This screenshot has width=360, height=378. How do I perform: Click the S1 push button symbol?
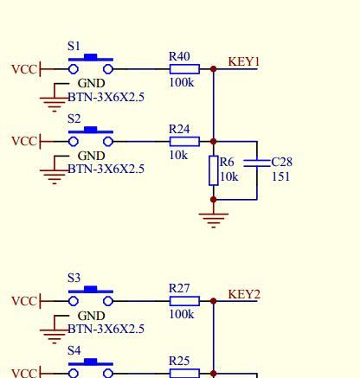click(x=91, y=64)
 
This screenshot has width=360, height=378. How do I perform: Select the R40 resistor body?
click(x=184, y=69)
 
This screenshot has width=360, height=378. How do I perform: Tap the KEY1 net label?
click(x=244, y=61)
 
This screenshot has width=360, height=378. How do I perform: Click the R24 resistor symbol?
click(x=184, y=142)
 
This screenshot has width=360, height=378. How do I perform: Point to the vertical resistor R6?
click(x=214, y=170)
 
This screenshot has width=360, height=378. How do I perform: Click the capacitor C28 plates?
click(x=257, y=163)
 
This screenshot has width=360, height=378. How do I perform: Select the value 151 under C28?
click(x=280, y=176)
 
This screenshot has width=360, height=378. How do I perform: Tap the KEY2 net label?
click(x=244, y=294)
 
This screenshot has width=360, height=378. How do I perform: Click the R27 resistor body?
click(x=184, y=301)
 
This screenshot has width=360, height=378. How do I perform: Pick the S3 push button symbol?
click(x=91, y=296)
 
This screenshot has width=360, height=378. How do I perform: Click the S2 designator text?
click(x=74, y=119)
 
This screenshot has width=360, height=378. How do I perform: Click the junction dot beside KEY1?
click(x=214, y=69)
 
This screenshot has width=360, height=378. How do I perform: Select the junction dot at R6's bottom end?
click(x=214, y=199)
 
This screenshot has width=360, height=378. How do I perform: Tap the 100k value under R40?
click(x=182, y=83)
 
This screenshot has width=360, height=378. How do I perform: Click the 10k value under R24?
click(x=178, y=155)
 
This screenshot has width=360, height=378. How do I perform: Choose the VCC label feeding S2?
click(x=24, y=142)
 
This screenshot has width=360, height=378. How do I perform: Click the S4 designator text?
click(x=74, y=350)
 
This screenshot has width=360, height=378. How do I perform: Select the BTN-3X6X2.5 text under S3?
click(x=106, y=329)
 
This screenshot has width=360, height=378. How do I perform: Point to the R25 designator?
click(x=179, y=361)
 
